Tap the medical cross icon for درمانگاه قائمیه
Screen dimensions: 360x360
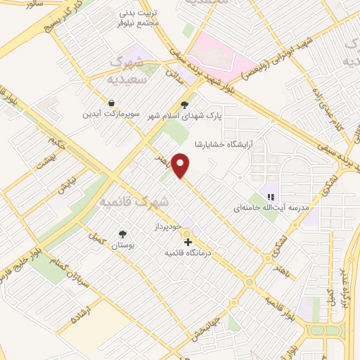(x=187, y=242)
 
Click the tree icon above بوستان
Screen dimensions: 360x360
(x=123, y=234)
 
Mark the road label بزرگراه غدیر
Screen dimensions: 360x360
(x=344, y=288)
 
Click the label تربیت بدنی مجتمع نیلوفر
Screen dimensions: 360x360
(x=138, y=18)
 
